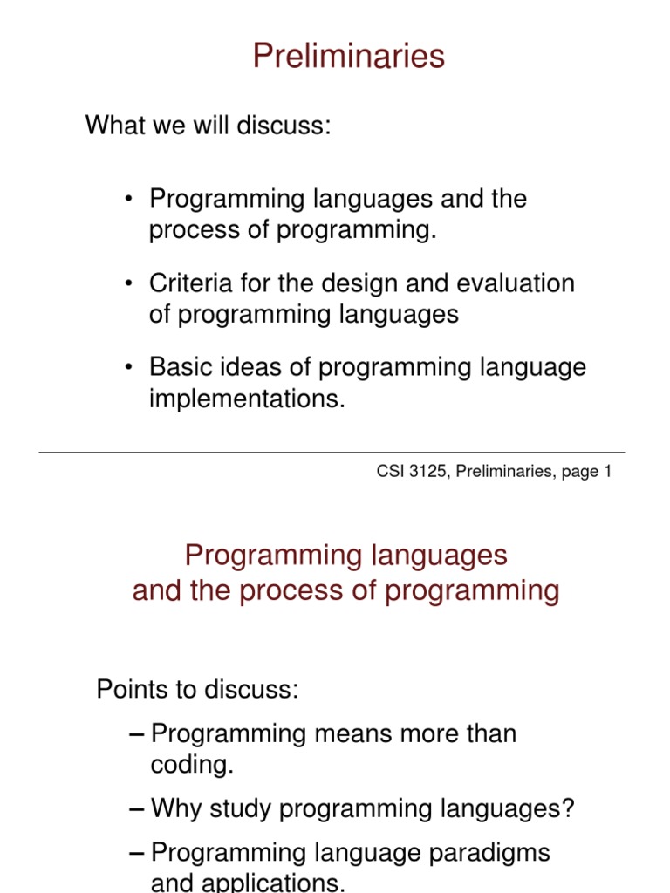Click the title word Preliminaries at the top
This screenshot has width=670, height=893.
348,57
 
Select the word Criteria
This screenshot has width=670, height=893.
188,283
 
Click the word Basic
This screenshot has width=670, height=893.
180,367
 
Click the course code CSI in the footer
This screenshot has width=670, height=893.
388,472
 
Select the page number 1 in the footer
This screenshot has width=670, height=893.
607,472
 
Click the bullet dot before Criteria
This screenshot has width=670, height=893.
129,284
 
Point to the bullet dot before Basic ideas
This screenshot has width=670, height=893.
129,368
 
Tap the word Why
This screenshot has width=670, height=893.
175,808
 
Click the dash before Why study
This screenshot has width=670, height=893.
135,809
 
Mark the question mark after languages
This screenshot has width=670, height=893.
569,808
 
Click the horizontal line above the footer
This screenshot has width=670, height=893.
332,453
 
